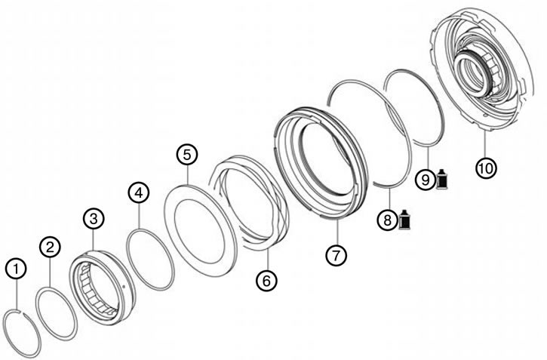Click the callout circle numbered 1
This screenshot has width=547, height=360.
click(16, 269)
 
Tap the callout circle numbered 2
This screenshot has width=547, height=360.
click(51, 248)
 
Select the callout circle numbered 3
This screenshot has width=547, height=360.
click(94, 219)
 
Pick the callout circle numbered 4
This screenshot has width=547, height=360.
click(139, 192)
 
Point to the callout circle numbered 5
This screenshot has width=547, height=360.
click(187, 155)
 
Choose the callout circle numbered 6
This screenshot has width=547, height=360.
click(266, 281)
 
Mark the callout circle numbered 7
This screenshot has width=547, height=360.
click(336, 255)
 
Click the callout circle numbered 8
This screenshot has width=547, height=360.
click(388, 220)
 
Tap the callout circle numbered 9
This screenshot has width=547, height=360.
click(426, 180)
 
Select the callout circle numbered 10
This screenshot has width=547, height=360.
click(486, 168)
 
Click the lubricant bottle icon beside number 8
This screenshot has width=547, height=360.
click(404, 220)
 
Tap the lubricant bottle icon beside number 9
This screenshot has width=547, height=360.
click(442, 179)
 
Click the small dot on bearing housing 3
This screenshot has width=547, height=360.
click(124, 287)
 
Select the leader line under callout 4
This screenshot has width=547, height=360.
click(139, 216)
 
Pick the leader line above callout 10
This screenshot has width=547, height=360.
click(486, 144)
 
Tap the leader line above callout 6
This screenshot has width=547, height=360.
click(268, 260)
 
